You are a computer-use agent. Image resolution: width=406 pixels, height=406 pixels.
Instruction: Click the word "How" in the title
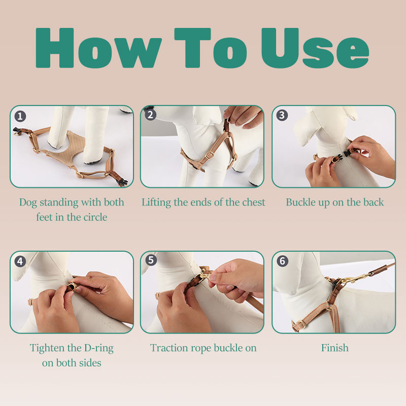click(x=98, y=48)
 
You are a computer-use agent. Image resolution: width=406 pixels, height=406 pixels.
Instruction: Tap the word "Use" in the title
click(x=315, y=48)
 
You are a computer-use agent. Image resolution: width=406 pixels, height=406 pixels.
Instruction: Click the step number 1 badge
click(x=20, y=116)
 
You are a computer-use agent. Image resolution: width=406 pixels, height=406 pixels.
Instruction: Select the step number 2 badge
click(x=150, y=115)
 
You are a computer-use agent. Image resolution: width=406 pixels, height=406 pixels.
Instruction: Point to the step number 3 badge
click(x=282, y=115)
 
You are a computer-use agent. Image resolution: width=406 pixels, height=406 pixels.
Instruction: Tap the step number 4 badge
click(x=20, y=261)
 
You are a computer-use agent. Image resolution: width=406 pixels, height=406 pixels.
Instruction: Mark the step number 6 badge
click(x=283, y=261)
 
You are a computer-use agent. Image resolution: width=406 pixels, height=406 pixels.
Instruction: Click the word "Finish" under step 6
click(x=334, y=348)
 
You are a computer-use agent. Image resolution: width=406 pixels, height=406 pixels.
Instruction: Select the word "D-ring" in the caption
click(x=99, y=349)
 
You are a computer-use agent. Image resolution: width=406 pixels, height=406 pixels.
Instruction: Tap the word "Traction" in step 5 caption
click(x=169, y=348)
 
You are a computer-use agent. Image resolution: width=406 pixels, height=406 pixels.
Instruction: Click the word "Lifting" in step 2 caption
click(x=156, y=202)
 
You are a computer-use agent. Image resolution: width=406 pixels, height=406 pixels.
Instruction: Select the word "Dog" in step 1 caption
click(x=28, y=202)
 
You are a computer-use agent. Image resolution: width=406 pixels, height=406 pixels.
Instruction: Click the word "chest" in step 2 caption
click(x=253, y=202)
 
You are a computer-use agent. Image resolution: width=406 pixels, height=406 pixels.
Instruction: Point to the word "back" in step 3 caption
click(x=374, y=202)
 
